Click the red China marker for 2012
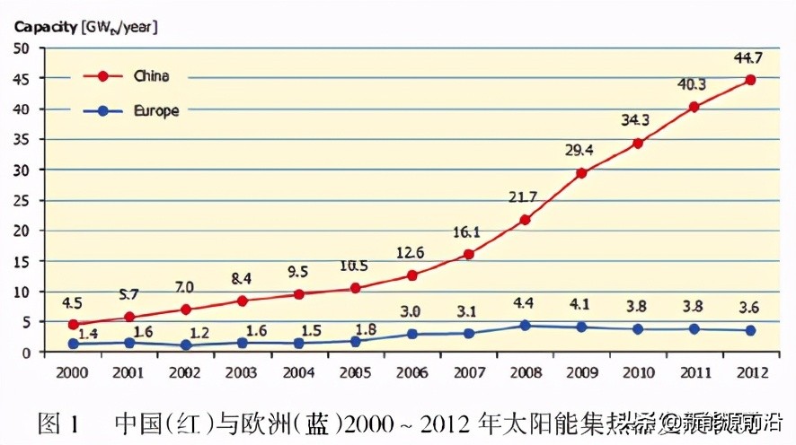tap(750, 80)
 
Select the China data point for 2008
tap(525, 220)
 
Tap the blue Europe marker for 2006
tap(411, 334)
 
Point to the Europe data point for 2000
tap(74, 344)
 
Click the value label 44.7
tap(750, 59)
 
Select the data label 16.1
tap(466, 232)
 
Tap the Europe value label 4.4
tap(525, 303)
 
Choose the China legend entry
tap(149, 76)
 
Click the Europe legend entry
tap(155, 111)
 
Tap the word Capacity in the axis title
tap(44, 27)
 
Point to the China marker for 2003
tap(243, 301)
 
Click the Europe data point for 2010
tap(638, 329)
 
